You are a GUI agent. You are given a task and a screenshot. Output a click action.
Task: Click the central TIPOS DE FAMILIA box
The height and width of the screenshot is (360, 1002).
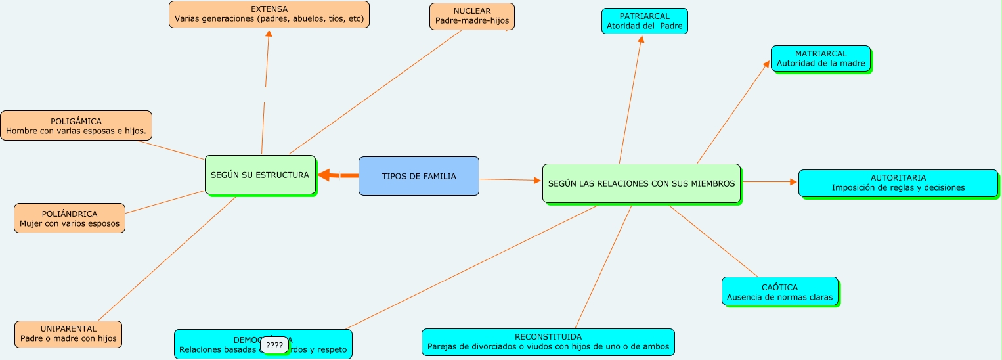coord(418,176)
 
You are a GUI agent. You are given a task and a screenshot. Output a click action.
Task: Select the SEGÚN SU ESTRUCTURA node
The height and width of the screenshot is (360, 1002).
coord(260,175)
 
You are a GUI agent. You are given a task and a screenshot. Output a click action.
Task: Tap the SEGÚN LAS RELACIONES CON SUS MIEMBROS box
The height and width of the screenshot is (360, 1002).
coord(641,183)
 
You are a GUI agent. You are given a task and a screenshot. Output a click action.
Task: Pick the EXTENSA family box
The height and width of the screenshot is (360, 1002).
coord(269,14)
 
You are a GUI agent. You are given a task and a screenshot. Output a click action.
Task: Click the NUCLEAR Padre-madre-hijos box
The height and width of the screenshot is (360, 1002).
coord(471,16)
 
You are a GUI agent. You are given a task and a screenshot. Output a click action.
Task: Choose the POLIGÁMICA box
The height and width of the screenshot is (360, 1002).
coord(76,125)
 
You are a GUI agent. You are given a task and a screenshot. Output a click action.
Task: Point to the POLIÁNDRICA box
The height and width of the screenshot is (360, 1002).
coord(70,218)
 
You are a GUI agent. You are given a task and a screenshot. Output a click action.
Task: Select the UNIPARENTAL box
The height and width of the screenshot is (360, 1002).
coord(68,334)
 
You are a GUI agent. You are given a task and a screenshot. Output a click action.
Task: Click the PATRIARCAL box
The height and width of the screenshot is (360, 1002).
coord(644,21)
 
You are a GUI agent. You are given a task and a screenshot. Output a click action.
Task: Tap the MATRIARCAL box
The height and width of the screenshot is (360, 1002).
coord(820,58)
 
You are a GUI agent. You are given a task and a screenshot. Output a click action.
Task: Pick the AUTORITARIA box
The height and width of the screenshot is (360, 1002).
coord(898,183)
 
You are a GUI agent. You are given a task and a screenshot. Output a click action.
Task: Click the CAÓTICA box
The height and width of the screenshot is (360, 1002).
coord(779,292)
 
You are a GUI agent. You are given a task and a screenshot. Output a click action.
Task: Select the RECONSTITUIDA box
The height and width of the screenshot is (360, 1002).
coord(548,342)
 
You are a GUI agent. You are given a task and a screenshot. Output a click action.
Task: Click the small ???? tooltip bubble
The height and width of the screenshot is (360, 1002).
coord(274,345)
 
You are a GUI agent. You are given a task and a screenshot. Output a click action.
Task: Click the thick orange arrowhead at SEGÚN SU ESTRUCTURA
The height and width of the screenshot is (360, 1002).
coord(323,175)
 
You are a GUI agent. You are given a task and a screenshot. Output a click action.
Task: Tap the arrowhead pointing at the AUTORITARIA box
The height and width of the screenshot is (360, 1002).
coord(793,182)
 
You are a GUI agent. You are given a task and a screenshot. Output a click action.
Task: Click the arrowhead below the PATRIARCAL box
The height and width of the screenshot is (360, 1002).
coord(641,39)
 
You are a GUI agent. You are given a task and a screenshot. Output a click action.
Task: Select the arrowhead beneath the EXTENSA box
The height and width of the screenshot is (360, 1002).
coord(269,34)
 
